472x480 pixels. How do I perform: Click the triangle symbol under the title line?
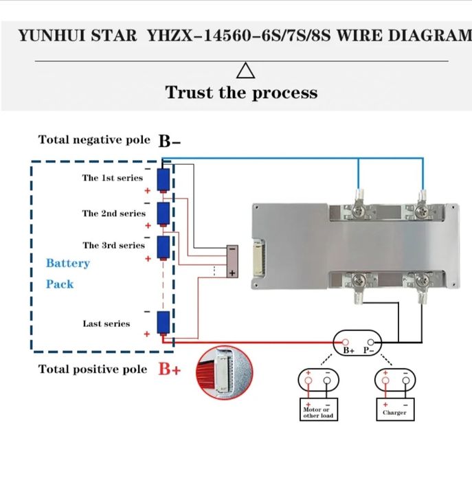point(245,71)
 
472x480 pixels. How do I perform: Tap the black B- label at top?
point(170,141)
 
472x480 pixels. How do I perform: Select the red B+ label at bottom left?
point(170,369)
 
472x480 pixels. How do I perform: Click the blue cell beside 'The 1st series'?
point(164,180)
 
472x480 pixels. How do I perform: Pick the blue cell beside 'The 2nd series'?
point(164,214)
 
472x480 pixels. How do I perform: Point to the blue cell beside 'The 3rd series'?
point(164,246)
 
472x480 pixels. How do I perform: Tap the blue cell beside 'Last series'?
point(164,321)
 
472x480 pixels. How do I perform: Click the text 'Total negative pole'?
point(94,140)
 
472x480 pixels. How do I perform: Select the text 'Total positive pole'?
point(93,369)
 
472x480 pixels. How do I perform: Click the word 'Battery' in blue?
point(68,263)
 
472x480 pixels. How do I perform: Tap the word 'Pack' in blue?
point(60,284)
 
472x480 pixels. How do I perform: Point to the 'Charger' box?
point(395,413)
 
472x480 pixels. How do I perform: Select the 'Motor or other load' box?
point(317,413)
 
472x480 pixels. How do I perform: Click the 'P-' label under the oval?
point(370,350)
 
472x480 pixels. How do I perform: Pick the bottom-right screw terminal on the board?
point(422,281)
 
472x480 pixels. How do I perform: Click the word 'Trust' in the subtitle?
point(190,93)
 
